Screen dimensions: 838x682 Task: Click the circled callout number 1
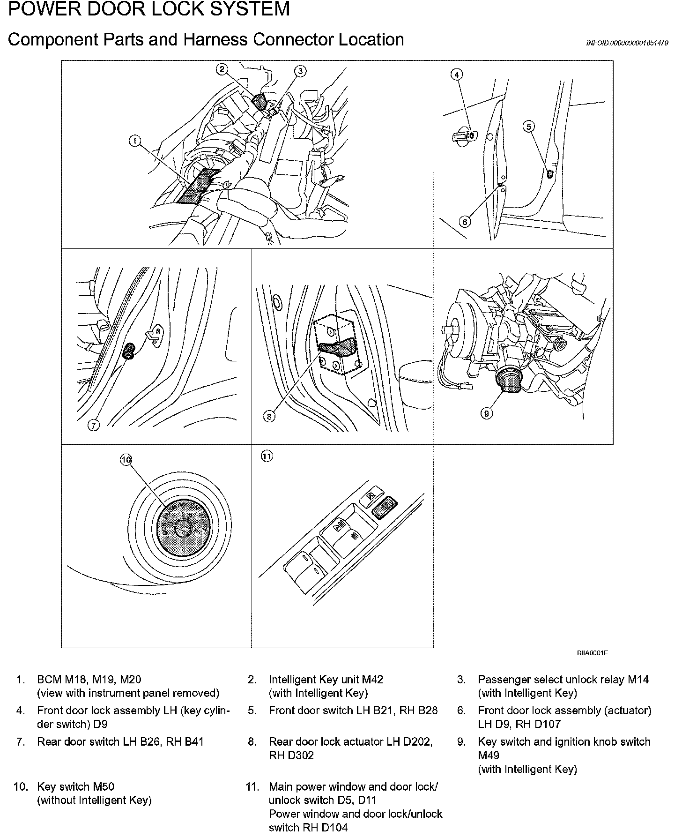(x=135, y=140)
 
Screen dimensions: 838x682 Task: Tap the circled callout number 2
(x=222, y=70)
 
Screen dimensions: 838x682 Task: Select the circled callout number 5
(x=529, y=126)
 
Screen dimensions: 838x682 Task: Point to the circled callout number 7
(x=94, y=425)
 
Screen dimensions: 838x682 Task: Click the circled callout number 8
(x=269, y=416)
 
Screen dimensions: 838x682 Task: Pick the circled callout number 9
(x=487, y=413)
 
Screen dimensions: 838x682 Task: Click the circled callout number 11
(x=267, y=456)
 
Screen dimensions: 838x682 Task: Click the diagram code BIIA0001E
(x=592, y=653)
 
